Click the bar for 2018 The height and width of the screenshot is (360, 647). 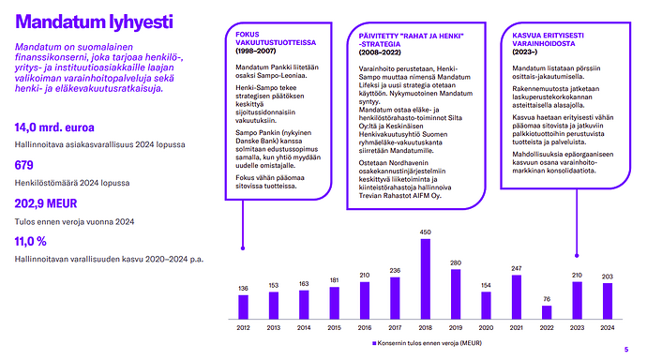click(425, 279)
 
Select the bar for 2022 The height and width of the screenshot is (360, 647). click(547, 312)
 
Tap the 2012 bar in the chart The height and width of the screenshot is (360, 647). click(243, 307)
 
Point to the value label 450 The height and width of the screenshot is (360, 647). click(425, 232)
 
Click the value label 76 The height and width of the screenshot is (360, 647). click(547, 299)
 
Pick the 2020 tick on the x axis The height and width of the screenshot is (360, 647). click(486, 328)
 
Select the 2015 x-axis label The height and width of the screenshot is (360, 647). click(334, 328)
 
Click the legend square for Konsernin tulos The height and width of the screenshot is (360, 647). click(374, 343)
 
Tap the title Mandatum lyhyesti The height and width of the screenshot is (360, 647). click(94, 22)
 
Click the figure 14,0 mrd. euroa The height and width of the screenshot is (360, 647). click(54, 127)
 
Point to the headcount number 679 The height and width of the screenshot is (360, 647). click(24, 165)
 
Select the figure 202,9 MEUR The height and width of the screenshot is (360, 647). click(46, 203)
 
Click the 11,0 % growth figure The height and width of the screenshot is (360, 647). click(31, 242)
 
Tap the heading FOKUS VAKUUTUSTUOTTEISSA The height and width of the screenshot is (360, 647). click(276, 38)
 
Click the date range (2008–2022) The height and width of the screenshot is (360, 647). click(380, 52)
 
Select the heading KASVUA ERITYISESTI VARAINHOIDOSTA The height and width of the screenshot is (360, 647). click(548, 39)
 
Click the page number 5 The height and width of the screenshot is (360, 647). click(626, 350)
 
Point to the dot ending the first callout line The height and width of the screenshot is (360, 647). click(243, 248)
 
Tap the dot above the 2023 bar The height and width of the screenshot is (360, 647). click(577, 256)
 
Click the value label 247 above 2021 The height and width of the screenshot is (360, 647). click(517, 268)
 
